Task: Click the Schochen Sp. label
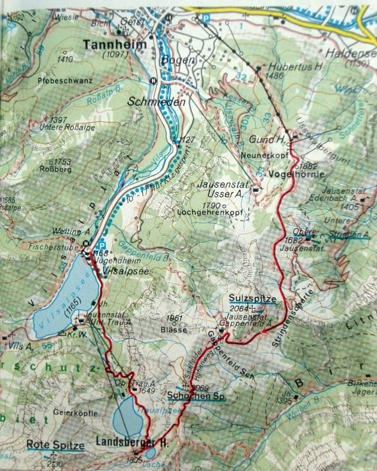[196, 397]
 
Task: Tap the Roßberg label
[55, 169]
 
